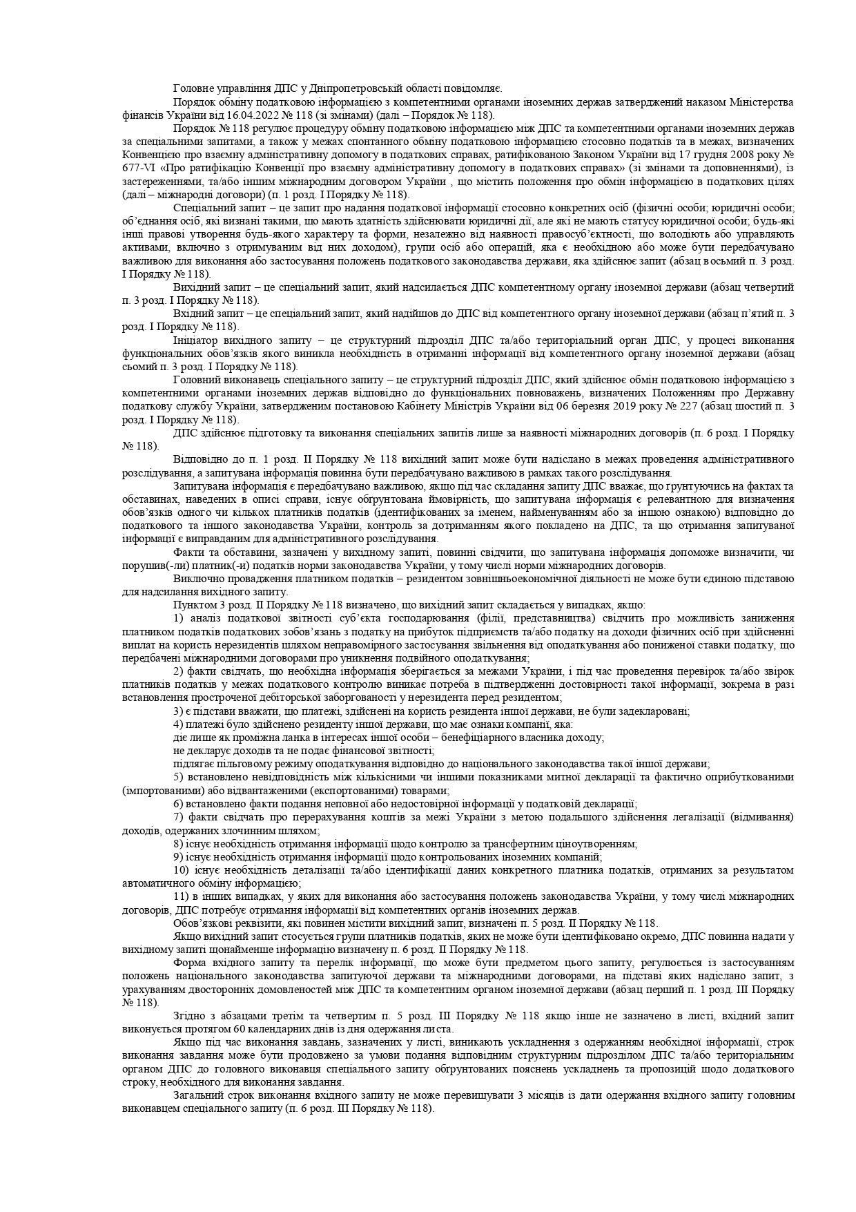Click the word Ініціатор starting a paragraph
point(195,340)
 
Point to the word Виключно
point(197,577)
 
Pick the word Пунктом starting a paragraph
point(193,604)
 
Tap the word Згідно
point(190,1016)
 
